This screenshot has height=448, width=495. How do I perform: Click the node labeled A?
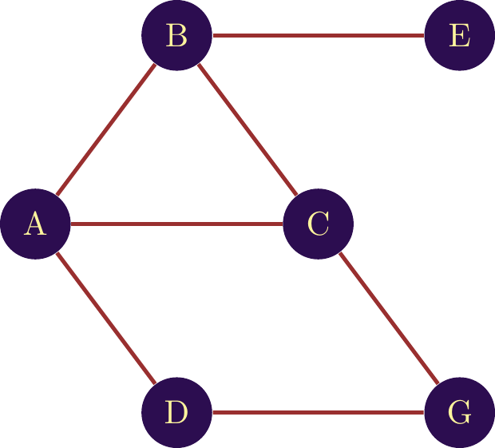click(x=35, y=224)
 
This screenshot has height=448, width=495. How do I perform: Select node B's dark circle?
click(x=176, y=35)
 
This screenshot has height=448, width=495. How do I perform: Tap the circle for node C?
click(x=318, y=224)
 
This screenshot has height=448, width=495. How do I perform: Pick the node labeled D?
click(x=176, y=413)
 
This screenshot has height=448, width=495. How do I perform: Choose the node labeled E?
click(x=459, y=35)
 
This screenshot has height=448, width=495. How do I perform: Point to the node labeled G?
click(x=459, y=413)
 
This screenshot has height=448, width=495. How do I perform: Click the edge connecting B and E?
click(x=318, y=35)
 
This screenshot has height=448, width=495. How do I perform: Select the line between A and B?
click(x=105, y=129)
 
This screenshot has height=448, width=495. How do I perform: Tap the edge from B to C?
click(x=247, y=129)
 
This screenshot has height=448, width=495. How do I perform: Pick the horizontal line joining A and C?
click(x=176, y=224)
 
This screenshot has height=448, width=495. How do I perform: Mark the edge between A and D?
click(x=105, y=319)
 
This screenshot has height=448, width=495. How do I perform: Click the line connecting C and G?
click(x=389, y=319)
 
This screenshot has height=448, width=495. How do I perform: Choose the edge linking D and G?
click(x=318, y=413)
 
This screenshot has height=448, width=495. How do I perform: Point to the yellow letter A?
click(x=34, y=224)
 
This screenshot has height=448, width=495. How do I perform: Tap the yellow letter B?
click(x=176, y=36)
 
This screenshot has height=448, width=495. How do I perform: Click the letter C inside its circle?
click(x=318, y=224)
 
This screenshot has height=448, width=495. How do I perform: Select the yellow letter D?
click(x=176, y=413)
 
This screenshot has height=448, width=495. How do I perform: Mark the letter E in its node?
click(x=459, y=36)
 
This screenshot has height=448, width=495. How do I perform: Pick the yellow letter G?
click(x=459, y=413)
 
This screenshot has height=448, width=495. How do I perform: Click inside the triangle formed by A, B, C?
click(x=176, y=160)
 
